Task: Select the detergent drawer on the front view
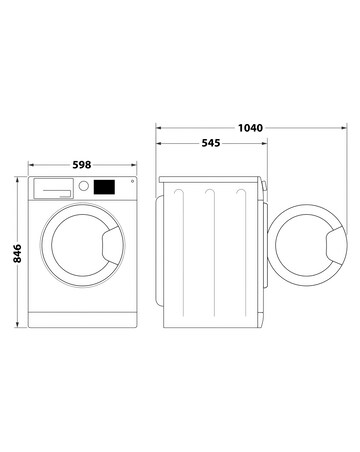click(x=55, y=187)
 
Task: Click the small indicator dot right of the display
click(x=129, y=182)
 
